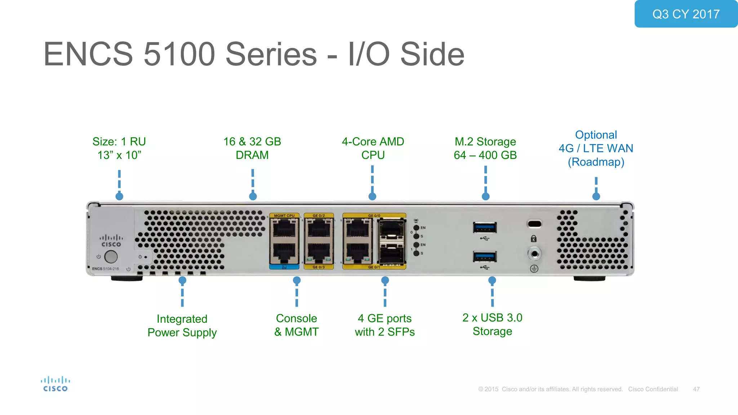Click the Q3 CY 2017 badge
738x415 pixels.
[x=686, y=14]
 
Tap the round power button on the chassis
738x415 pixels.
[x=111, y=257]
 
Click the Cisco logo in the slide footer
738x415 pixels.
[x=55, y=384]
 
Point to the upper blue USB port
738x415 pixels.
[x=485, y=228]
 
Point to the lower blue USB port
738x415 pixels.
[x=485, y=256]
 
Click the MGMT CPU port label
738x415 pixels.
[x=284, y=215]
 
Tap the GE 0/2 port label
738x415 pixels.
[x=319, y=215]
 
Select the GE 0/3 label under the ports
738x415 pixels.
[x=319, y=267]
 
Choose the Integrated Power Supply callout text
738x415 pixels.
[x=182, y=326]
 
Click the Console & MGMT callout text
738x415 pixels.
[x=297, y=325]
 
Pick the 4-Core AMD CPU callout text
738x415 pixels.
[x=373, y=148]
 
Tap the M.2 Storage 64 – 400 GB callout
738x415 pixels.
[x=485, y=148]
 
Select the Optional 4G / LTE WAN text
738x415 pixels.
[x=596, y=148]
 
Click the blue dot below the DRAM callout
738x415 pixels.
[x=253, y=196]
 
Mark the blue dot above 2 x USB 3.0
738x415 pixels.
[x=492, y=280]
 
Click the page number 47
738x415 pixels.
[x=696, y=389]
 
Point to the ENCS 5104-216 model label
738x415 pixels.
[x=105, y=269]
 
